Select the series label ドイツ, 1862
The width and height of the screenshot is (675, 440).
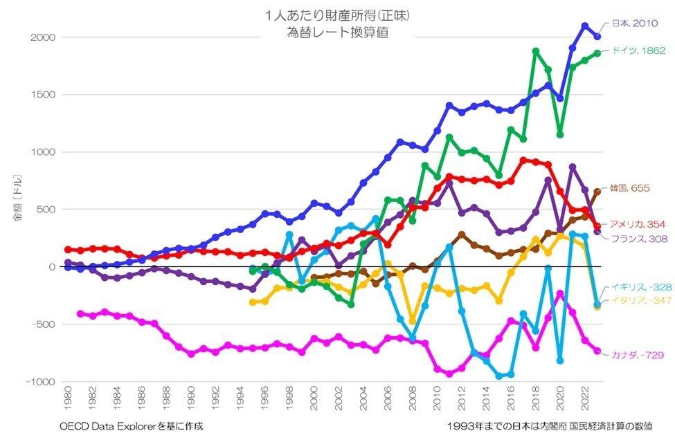tap(638, 51)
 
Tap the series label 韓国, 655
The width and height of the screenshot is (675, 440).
tap(630, 188)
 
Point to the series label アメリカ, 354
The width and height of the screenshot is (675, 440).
tap(636, 224)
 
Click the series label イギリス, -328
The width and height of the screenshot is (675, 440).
tap(636, 287)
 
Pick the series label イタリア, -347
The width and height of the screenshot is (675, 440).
tap(636, 301)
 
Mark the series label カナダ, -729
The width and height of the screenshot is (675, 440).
tap(638, 355)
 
